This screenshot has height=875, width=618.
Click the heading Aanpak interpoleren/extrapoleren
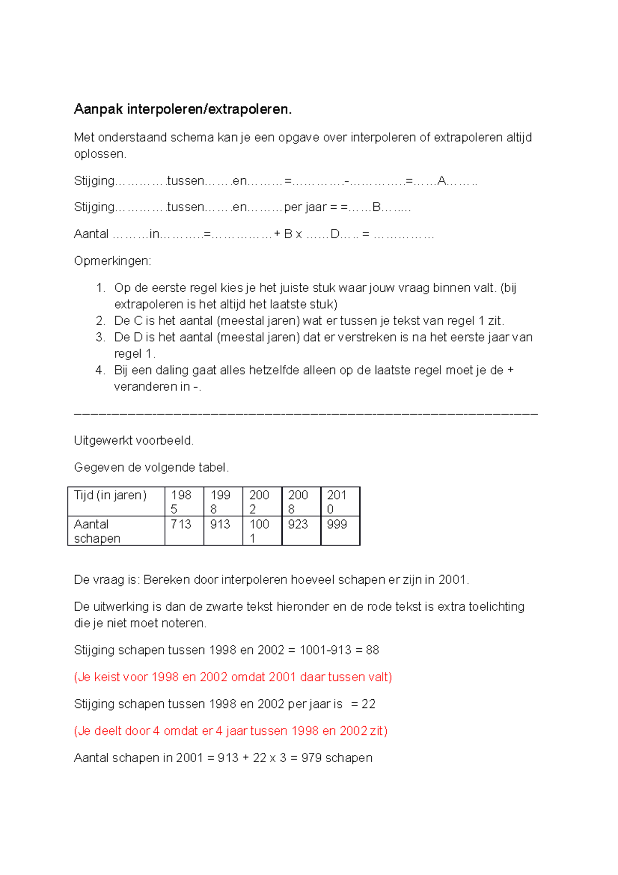point(183,109)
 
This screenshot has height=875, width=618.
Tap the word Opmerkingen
point(112,261)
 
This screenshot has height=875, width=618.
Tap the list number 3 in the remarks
point(100,338)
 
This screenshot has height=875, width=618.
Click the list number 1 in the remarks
point(100,288)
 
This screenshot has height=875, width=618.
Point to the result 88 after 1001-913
point(372,650)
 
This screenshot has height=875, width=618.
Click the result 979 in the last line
point(312,758)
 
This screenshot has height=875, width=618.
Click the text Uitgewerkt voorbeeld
point(134,441)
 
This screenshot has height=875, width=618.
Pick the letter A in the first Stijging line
point(441,181)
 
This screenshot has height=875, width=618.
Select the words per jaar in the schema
point(305,208)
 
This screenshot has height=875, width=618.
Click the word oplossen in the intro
point(99,154)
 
